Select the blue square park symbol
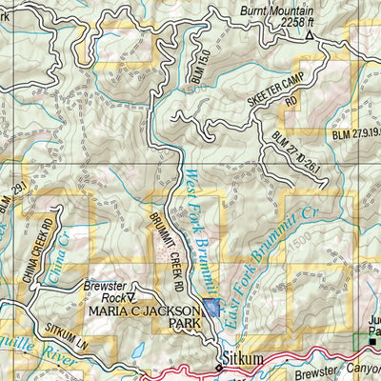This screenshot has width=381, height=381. (211, 308)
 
